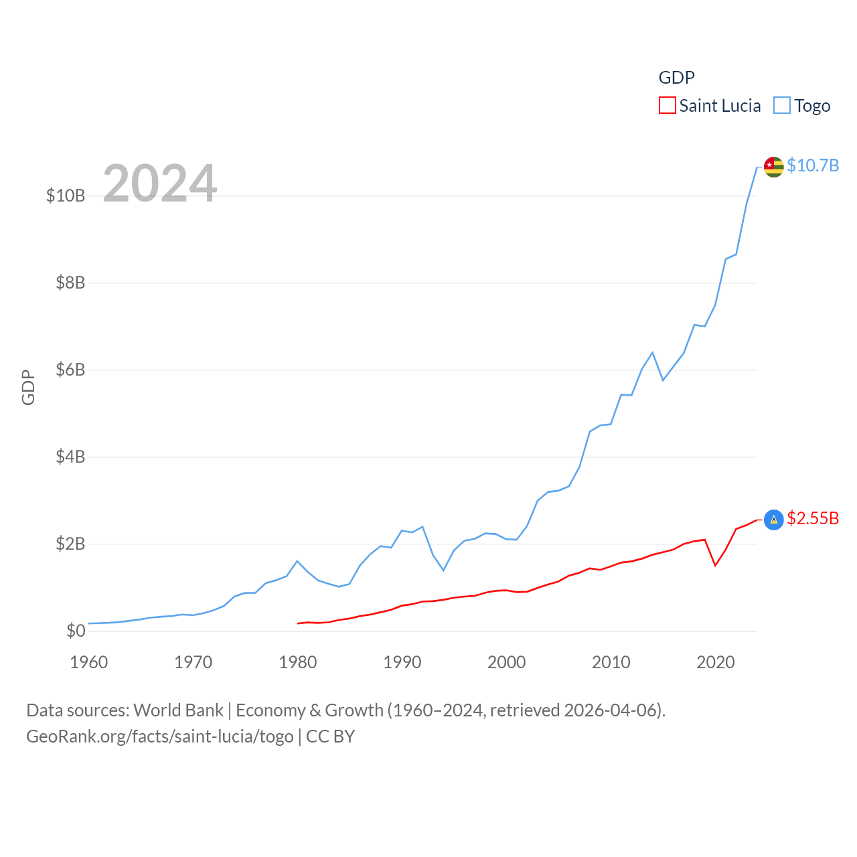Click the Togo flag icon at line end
click(x=773, y=167)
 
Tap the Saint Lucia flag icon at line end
click(x=773, y=520)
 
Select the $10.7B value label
click(x=813, y=165)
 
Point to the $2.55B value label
click(x=813, y=518)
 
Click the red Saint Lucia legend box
click(x=668, y=106)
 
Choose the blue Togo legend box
click(x=782, y=106)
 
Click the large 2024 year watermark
click(x=160, y=183)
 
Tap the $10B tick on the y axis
click(x=66, y=196)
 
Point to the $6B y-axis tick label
click(x=70, y=370)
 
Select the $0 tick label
click(x=76, y=631)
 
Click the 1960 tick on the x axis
click(x=88, y=662)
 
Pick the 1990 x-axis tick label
click(x=402, y=662)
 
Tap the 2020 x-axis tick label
click(x=715, y=662)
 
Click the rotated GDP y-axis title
click(x=28, y=387)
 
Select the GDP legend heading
click(x=676, y=78)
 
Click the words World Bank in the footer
click(x=178, y=710)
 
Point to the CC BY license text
click(x=330, y=736)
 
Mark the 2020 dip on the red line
click(x=715, y=565)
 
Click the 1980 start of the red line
click(x=298, y=623)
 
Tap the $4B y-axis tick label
click(x=70, y=457)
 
